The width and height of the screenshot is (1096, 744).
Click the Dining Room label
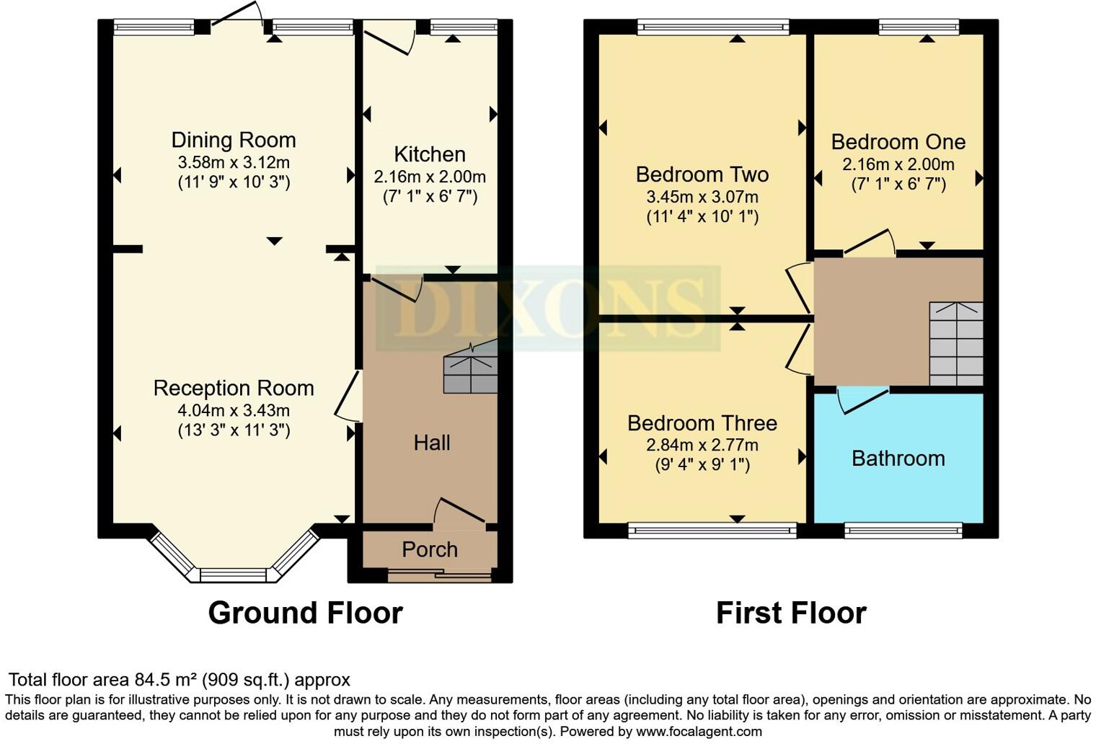[x=233, y=140]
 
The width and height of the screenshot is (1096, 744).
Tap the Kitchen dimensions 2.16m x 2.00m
[x=430, y=177]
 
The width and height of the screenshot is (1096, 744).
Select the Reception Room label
[x=233, y=389]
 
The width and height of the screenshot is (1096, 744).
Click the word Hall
[x=432, y=443]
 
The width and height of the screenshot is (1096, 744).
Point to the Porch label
[x=430, y=549]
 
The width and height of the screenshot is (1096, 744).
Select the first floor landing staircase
[x=956, y=344]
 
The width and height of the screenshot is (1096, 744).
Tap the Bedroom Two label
[x=702, y=174]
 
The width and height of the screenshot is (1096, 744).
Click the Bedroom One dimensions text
[x=898, y=164]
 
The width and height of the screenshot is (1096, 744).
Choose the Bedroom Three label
[x=702, y=423]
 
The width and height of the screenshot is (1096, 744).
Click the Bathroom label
[x=898, y=459]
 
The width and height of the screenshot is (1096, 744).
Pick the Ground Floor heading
[x=305, y=613]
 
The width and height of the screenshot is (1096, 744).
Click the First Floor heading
[x=791, y=613]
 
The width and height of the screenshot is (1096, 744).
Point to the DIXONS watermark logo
[x=548, y=309]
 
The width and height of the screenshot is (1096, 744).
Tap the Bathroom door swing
[x=861, y=402]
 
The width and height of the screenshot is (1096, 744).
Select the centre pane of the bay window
[x=233, y=575]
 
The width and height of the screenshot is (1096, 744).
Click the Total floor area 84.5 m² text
[x=179, y=680]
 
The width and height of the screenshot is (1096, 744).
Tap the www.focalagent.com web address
[x=698, y=732]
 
